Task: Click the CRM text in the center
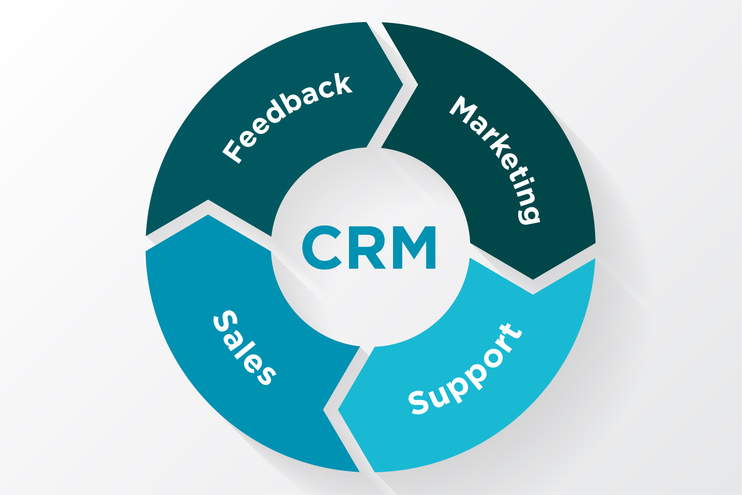point(369,247)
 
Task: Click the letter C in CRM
point(322,247)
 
